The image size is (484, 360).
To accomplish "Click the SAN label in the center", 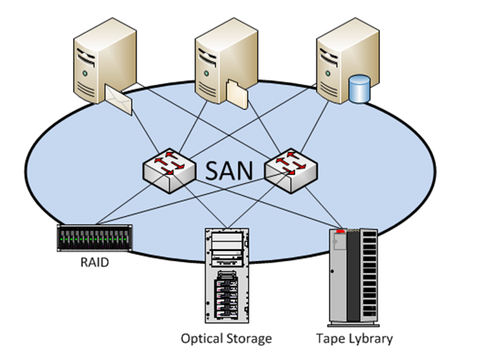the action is click(x=229, y=170).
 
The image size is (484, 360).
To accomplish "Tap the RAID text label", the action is click(x=94, y=263).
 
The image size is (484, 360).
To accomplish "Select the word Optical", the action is click(x=202, y=339).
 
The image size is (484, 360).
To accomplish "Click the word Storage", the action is click(x=249, y=339).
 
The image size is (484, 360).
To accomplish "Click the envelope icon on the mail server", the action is click(x=119, y=100).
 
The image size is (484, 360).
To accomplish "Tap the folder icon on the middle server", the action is click(x=237, y=94).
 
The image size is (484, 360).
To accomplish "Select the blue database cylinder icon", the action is click(x=359, y=89).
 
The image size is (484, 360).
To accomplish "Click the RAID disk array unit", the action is click(x=94, y=238).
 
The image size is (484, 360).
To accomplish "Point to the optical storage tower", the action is click(x=227, y=276).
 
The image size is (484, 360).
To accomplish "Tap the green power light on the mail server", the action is click(x=85, y=74).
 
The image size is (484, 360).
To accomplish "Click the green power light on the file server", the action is click(x=206, y=74).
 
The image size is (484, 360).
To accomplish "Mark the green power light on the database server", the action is click(x=328, y=74).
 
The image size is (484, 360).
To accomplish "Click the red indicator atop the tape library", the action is click(x=341, y=231).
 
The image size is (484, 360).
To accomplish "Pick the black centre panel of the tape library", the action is click(x=353, y=277).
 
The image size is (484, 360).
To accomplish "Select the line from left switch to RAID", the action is click(x=132, y=199).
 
